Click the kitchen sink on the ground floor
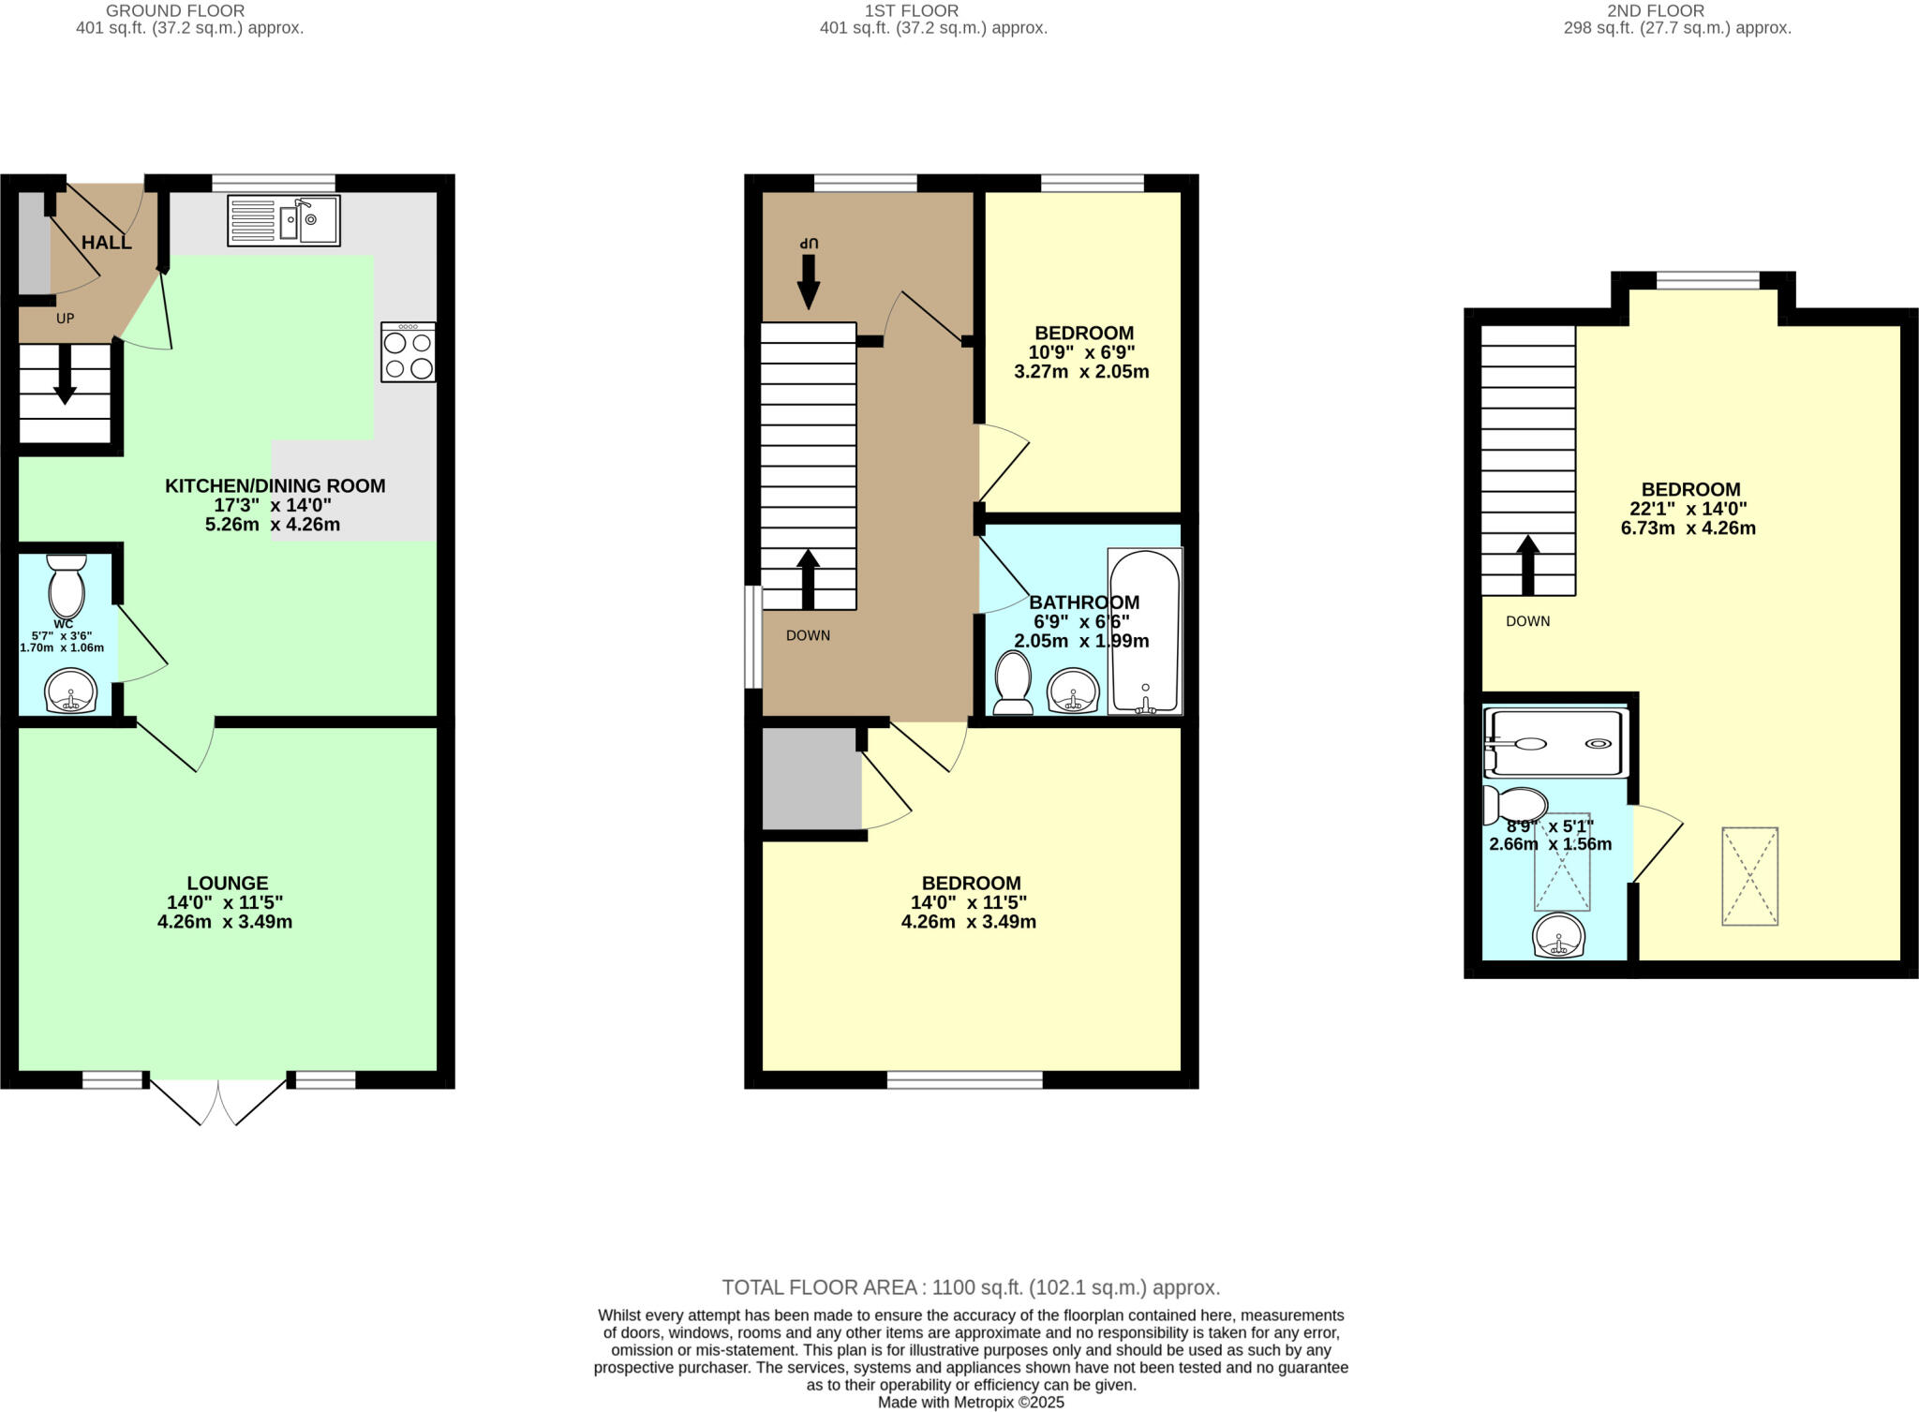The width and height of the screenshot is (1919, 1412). (x=283, y=221)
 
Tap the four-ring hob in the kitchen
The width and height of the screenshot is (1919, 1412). (x=408, y=352)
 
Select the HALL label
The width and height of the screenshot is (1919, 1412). (x=106, y=244)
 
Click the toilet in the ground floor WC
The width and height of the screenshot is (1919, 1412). (x=67, y=587)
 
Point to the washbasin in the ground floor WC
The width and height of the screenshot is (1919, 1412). (x=70, y=691)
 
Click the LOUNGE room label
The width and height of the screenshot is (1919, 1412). (x=228, y=883)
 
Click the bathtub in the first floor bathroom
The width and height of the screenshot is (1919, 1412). (x=1145, y=632)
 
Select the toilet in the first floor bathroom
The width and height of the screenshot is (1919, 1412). (x=1013, y=683)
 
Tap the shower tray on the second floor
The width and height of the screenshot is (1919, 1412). (x=1555, y=744)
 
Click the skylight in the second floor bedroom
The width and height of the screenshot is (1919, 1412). (x=1749, y=876)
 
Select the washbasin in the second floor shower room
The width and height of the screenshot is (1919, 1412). (x=1559, y=936)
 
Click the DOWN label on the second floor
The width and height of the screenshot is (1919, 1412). (x=1527, y=621)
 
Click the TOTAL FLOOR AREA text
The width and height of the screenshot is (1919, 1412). (x=971, y=1287)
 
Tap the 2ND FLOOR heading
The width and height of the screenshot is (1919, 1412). (x=1676, y=11)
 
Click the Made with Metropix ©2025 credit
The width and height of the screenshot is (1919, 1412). (x=971, y=1403)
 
